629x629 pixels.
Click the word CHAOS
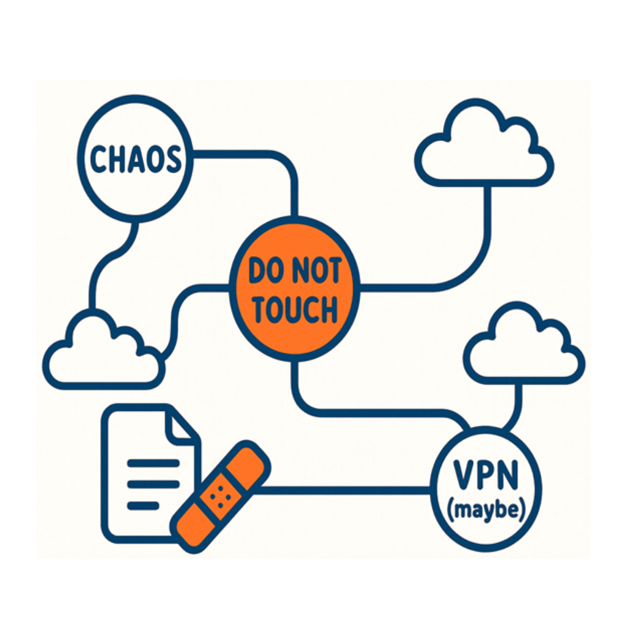136,159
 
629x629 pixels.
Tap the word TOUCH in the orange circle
295,310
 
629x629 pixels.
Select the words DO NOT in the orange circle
294,271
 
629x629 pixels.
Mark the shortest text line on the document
143,505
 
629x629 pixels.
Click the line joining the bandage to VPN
344,490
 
